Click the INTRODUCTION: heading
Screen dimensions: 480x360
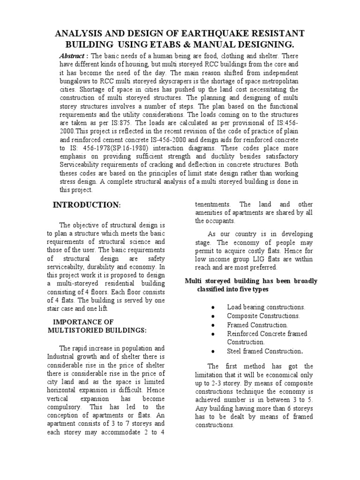coord(87,205)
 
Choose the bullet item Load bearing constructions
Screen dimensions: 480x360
coord(266,307)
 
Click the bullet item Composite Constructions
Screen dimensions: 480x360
coord(263,316)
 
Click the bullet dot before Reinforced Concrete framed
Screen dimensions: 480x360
coord(213,334)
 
